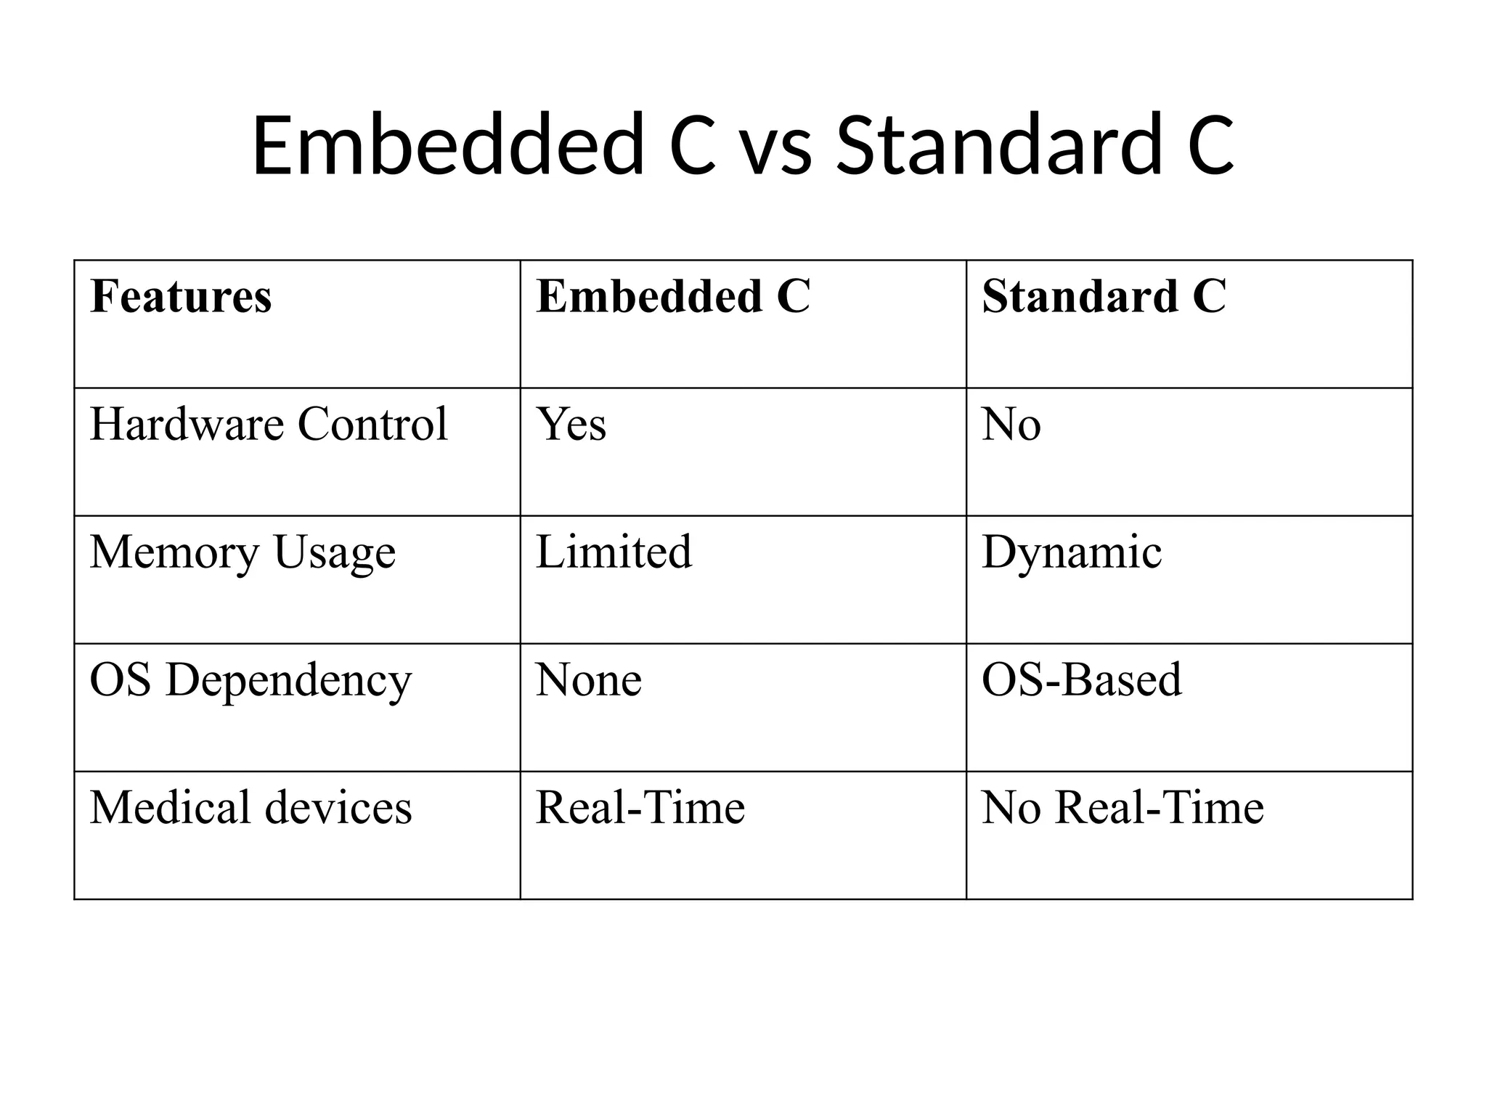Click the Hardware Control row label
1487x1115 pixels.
coord(269,424)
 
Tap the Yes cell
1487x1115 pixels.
coord(571,424)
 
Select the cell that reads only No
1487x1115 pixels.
coord(1011,424)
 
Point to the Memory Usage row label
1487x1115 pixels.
coord(243,553)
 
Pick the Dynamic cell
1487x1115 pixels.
coord(1072,553)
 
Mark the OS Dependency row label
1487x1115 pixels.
coord(250,681)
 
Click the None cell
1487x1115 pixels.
coord(589,681)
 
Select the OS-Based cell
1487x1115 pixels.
coord(1082,680)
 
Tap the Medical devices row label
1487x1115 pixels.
coord(250,807)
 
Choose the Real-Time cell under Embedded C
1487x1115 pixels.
coord(640,807)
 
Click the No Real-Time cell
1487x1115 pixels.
coord(1123,807)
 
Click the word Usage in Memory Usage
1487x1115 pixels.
coord(335,553)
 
